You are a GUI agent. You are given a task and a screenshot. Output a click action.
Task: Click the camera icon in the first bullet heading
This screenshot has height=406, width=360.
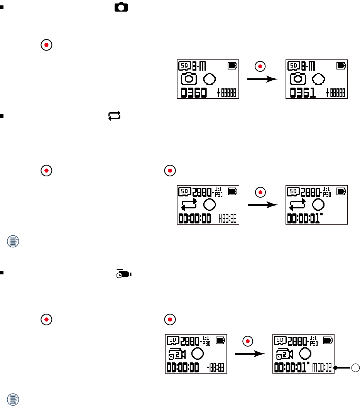click(x=122, y=7)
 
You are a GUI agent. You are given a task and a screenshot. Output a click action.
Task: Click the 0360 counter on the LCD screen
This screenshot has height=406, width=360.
click(x=194, y=93)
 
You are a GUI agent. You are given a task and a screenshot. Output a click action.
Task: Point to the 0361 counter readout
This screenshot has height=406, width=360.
click(x=303, y=93)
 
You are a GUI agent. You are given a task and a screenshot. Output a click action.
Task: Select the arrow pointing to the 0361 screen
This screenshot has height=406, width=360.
click(x=262, y=79)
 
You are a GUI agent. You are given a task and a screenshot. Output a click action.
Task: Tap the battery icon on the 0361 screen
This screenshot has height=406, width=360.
click(x=341, y=66)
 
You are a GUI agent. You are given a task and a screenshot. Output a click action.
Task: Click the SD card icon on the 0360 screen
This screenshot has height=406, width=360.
click(x=184, y=66)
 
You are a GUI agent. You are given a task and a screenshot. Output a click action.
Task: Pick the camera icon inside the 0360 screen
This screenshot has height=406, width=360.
click(x=189, y=79)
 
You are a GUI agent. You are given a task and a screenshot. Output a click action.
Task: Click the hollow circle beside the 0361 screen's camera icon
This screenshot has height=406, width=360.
click(x=318, y=79)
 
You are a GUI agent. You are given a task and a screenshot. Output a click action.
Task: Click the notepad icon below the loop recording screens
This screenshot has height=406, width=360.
click(x=14, y=242)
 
